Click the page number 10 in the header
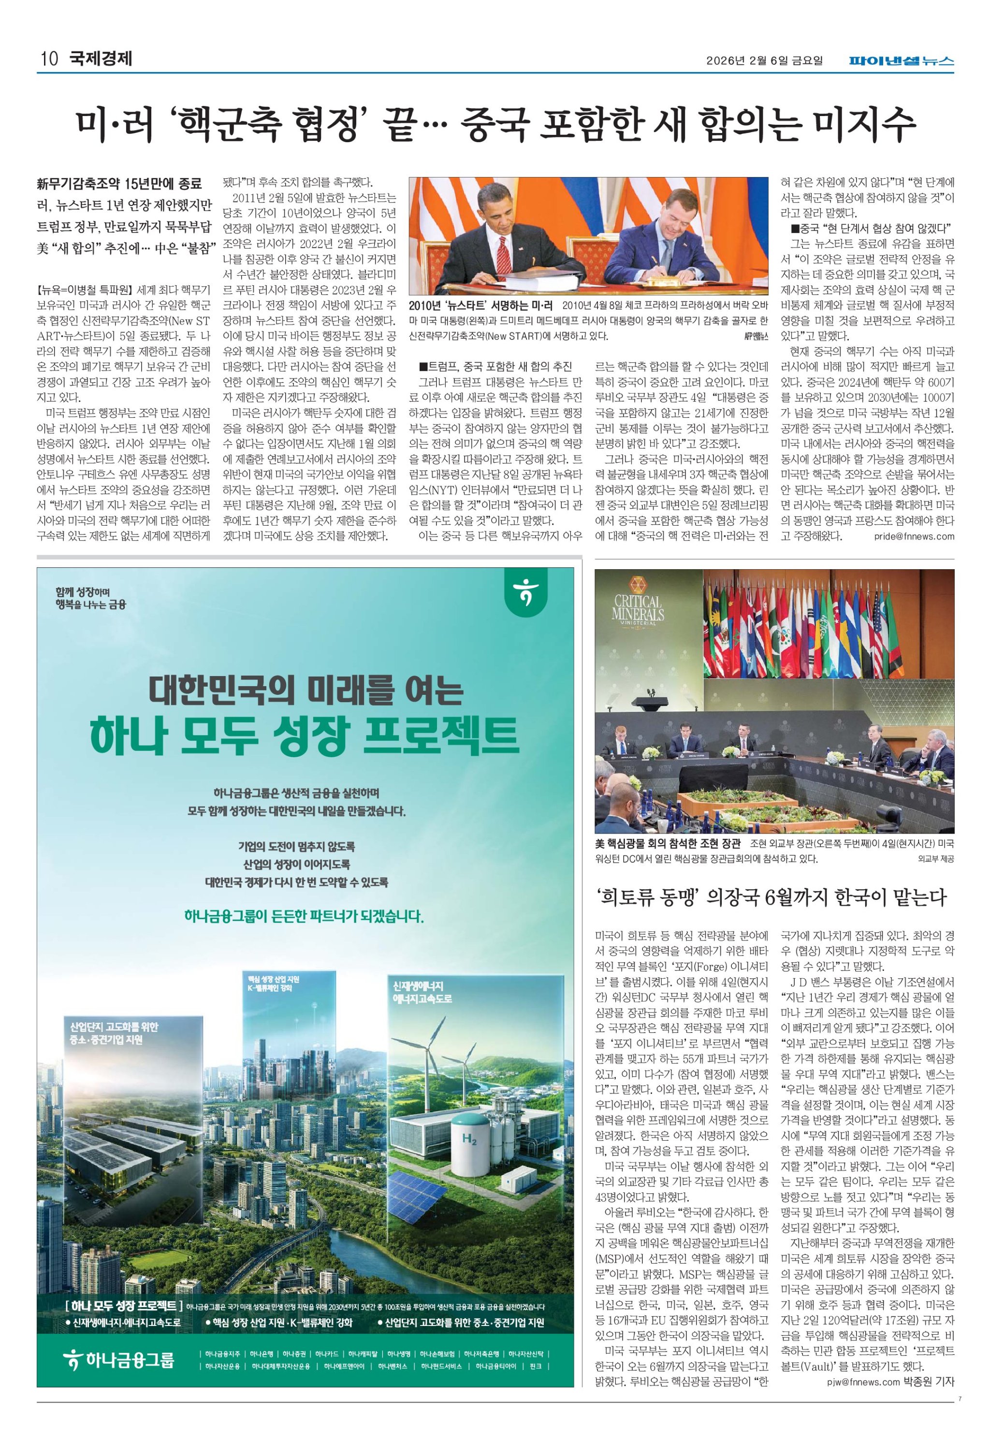49,59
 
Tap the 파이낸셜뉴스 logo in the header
902,61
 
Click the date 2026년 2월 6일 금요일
764,61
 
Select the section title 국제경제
101,59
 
